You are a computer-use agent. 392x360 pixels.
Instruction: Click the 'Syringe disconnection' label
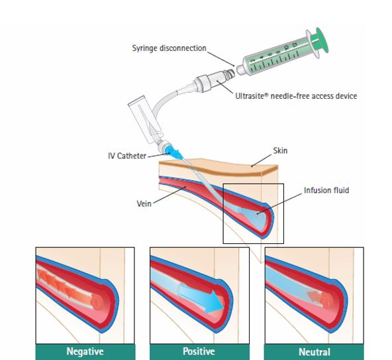click(x=169, y=48)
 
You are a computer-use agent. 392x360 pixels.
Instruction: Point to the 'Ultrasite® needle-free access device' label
click(x=296, y=96)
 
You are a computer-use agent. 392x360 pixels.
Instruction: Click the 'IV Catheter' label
click(x=127, y=156)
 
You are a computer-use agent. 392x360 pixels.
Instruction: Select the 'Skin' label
click(x=280, y=150)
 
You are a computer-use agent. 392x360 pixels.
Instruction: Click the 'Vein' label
click(x=144, y=204)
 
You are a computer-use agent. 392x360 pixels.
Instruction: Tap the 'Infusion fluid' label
click(x=326, y=190)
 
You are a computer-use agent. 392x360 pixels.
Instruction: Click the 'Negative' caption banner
click(x=85, y=352)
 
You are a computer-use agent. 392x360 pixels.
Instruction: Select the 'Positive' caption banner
click(x=199, y=352)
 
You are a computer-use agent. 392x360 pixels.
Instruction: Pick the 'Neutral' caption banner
click(x=315, y=352)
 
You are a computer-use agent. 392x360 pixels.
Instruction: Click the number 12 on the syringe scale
click(x=294, y=45)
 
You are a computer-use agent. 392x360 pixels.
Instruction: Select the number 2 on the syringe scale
click(x=253, y=60)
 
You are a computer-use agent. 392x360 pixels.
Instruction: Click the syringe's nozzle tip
click(x=240, y=70)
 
